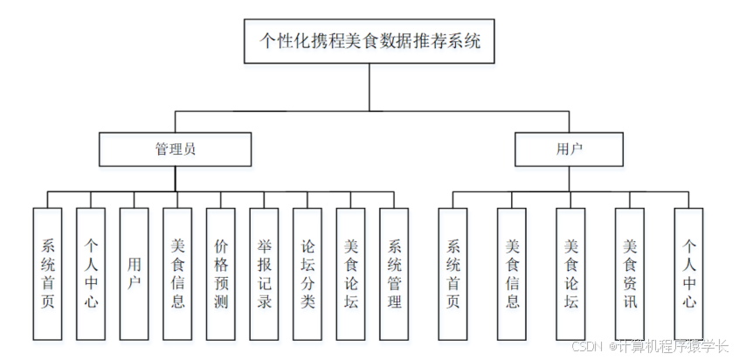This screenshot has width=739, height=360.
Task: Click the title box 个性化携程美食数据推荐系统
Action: pos(370,41)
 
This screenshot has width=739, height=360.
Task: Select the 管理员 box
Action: pos(175,149)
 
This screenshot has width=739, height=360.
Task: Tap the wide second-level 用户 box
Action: pos(569,149)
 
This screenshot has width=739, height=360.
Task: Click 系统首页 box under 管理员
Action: pos(47,273)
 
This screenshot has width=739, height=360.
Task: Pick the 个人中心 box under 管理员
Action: pos(91,273)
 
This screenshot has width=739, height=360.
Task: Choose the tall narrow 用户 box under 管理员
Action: pos(134,273)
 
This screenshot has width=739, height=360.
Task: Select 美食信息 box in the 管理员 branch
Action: pos(177,273)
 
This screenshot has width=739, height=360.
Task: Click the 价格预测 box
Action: pos(221,273)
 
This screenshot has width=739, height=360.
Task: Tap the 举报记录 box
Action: pos(264,273)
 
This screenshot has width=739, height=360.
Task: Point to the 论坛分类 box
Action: pos(307,273)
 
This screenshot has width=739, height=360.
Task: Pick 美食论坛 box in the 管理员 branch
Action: pos(350,273)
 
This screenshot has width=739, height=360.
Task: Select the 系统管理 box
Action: pos(394,273)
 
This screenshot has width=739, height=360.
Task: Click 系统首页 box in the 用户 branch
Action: pos(452,273)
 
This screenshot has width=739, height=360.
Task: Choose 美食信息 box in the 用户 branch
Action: pos(512,273)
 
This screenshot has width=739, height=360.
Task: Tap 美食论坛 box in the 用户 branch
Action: pos(570,273)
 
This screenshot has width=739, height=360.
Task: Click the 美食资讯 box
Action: pos(630,273)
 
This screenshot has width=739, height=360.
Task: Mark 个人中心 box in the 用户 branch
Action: pos(688,273)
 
